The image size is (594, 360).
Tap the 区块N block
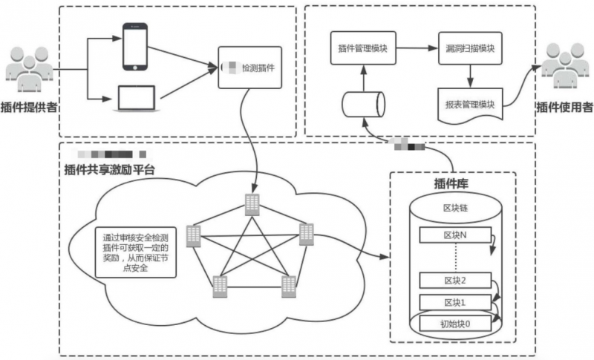(454, 235)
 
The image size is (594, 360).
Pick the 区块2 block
(454, 281)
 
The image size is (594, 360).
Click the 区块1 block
(454, 302)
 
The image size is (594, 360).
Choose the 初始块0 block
(454, 324)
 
